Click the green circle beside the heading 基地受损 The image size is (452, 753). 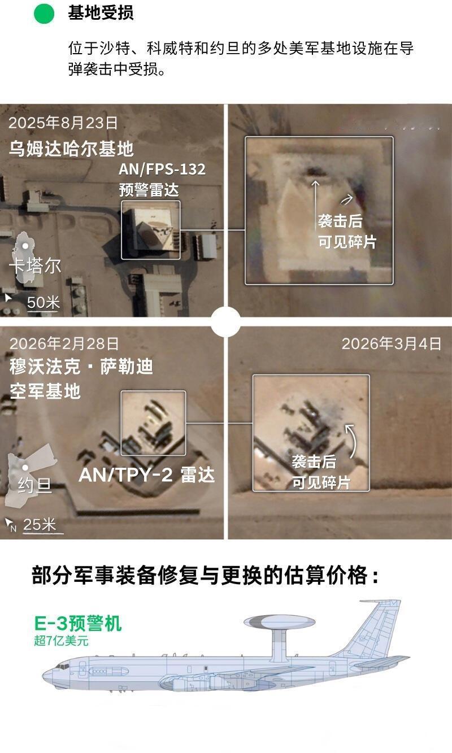[44, 14]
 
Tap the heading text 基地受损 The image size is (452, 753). [101, 13]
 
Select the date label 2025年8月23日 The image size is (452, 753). [63, 123]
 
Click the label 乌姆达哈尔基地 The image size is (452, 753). [71, 149]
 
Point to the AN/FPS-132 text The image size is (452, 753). [162, 169]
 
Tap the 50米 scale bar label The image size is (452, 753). [44, 302]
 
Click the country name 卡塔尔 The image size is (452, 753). [35, 266]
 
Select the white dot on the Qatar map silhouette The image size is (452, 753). [25, 246]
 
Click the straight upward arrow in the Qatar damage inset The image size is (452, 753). [315, 205]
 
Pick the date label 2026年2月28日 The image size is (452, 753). [64, 343]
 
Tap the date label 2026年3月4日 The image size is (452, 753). [392, 344]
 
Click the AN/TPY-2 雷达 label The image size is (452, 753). [147, 475]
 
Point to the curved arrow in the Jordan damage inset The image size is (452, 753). [352, 441]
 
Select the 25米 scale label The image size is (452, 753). [40, 524]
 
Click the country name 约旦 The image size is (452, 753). [34, 485]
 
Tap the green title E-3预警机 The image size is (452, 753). [78, 623]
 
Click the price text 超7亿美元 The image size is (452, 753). [61, 641]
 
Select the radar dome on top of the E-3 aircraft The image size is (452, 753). [280, 623]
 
